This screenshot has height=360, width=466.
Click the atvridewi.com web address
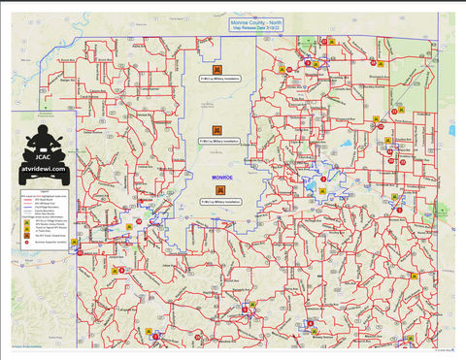[x=43, y=168]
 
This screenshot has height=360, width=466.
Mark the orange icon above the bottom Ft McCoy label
[x=221, y=190]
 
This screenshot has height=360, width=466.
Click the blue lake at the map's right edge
[x=451, y=129]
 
